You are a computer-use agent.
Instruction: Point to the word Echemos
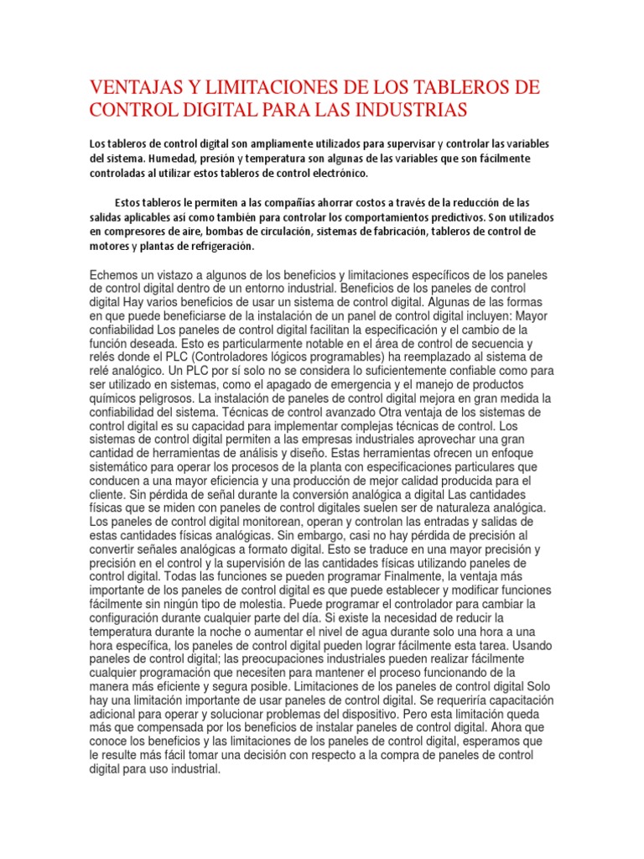click(116, 276)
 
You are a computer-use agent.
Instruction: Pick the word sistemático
click(125, 467)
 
